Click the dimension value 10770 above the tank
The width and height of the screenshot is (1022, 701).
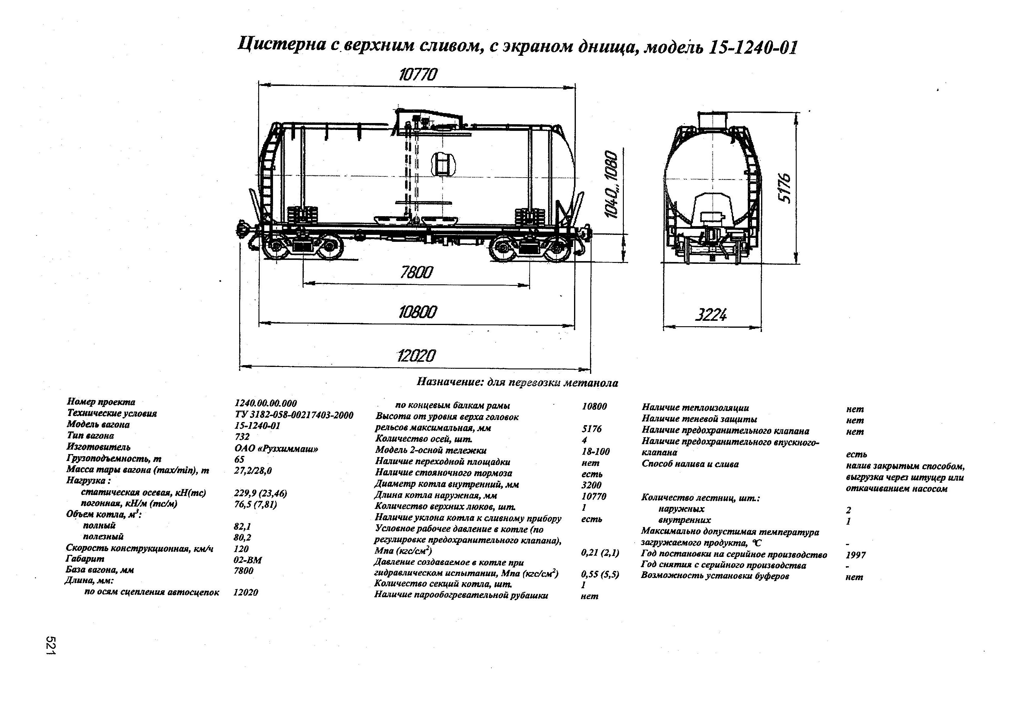tap(418, 75)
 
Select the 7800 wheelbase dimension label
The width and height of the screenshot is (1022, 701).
tap(416, 273)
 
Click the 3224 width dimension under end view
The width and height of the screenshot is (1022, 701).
tap(711, 315)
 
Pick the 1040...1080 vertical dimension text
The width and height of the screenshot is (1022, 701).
tap(611, 185)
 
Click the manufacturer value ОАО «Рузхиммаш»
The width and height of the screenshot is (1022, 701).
tap(276, 449)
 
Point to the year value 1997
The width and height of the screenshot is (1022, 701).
tap(855, 555)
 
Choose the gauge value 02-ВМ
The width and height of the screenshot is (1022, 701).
tap(248, 560)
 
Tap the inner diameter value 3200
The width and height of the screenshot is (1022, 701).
tap(591, 485)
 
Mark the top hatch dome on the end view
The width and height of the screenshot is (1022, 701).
tap(712, 120)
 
